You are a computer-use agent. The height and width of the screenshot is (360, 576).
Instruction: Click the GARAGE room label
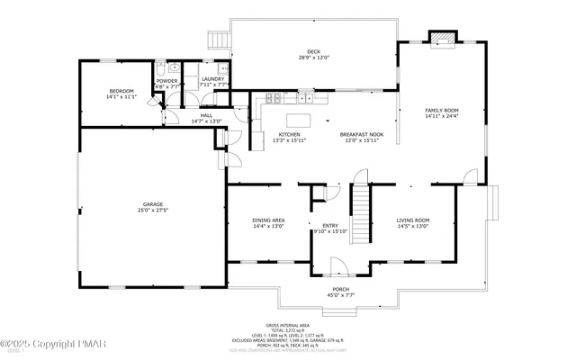click(x=150, y=205)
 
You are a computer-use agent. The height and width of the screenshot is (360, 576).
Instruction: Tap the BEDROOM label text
click(x=121, y=91)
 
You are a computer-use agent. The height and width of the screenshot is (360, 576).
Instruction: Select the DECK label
click(x=313, y=51)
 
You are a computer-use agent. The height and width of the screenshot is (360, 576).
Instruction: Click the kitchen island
click(x=298, y=119)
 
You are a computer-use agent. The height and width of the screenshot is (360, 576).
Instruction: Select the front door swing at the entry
click(x=339, y=265)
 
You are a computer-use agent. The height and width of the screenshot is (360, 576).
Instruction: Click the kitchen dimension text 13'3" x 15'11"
click(x=289, y=140)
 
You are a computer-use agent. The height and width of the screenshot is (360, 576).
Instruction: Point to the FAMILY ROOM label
click(x=442, y=110)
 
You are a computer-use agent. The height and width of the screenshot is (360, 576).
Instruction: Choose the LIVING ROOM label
click(x=413, y=220)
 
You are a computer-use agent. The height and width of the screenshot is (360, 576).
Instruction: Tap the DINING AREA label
click(x=269, y=220)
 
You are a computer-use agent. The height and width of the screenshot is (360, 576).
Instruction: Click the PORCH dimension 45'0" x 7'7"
click(x=339, y=294)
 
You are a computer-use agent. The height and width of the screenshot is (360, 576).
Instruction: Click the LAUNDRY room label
click(x=212, y=79)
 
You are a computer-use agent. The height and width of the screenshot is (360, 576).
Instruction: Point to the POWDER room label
click(x=166, y=81)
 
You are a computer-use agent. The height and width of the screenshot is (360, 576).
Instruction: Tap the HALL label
click(x=206, y=115)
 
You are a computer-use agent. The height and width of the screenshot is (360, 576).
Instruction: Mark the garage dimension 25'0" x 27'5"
click(x=150, y=211)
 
